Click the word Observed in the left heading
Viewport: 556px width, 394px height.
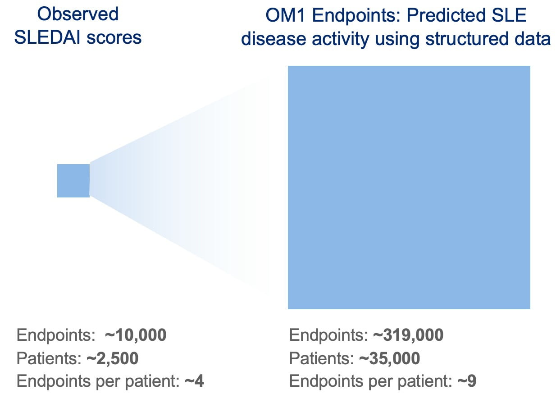pos(77,14)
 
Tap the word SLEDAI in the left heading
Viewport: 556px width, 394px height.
pos(47,37)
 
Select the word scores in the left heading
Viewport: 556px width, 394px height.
pos(114,38)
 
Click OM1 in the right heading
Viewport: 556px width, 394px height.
pos(285,15)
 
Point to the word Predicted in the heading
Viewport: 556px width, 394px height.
pos(447,15)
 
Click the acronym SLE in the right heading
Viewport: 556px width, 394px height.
pos(509,15)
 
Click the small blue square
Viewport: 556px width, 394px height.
pos(73,181)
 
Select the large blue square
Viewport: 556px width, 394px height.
pos(409,188)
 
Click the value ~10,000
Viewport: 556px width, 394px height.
pos(136,335)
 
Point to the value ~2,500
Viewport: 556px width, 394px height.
pos(113,358)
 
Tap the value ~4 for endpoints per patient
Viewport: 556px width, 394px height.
pos(194,381)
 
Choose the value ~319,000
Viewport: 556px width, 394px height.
pos(408,335)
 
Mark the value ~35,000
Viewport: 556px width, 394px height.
pos(389,358)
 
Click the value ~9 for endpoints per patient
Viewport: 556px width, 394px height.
pos(467,381)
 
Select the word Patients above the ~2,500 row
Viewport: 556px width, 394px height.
pos(49,358)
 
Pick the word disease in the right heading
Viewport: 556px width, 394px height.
pos(273,39)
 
